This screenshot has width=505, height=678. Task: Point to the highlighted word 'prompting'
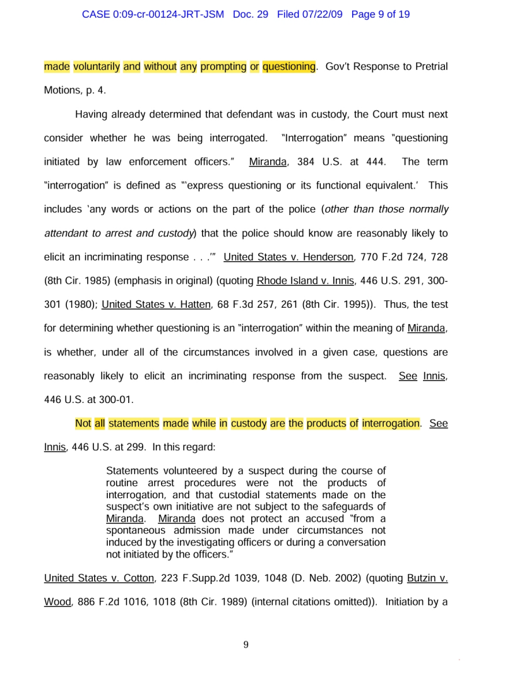point(223,66)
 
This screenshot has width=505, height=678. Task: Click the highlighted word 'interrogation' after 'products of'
point(391,423)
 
